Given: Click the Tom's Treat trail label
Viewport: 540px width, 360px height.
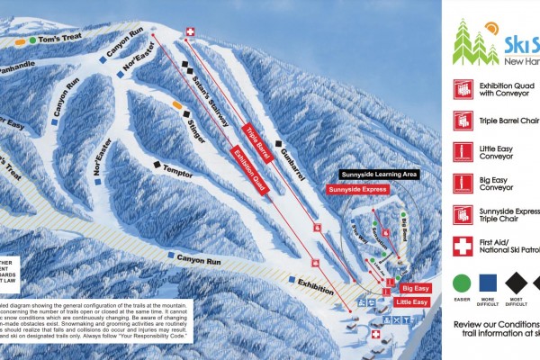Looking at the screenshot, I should point(59,40).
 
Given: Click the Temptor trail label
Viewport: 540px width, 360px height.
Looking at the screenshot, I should point(178,169).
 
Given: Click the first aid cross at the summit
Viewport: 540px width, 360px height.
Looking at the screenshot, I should point(190,32).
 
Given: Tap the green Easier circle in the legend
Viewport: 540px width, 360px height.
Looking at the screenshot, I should point(463,283).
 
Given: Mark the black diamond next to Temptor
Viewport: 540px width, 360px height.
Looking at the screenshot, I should point(157,165).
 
